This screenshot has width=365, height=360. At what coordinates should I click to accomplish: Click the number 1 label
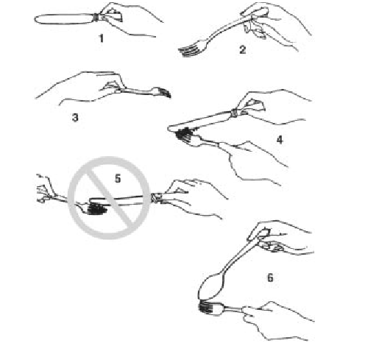(x=101, y=38)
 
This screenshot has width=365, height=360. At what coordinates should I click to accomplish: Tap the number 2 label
(x=242, y=50)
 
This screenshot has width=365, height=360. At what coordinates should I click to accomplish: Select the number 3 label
(x=75, y=117)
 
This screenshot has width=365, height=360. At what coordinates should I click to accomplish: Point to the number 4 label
(x=280, y=140)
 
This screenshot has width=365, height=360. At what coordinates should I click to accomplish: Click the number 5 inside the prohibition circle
(x=118, y=178)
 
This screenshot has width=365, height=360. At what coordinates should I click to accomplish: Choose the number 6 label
(x=270, y=278)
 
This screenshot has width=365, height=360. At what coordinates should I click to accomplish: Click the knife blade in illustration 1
(x=64, y=19)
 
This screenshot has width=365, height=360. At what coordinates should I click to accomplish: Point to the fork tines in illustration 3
(x=163, y=92)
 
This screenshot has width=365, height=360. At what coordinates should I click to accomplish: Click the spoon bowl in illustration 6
(x=211, y=286)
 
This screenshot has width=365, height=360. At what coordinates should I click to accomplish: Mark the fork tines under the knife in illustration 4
(x=184, y=136)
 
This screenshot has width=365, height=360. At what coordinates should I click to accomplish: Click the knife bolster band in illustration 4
(x=235, y=113)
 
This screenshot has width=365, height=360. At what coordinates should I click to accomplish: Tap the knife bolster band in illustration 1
(x=97, y=18)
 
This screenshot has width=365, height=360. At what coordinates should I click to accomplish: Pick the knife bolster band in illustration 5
(x=155, y=197)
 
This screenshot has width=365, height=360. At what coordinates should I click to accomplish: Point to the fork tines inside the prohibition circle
(x=97, y=209)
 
